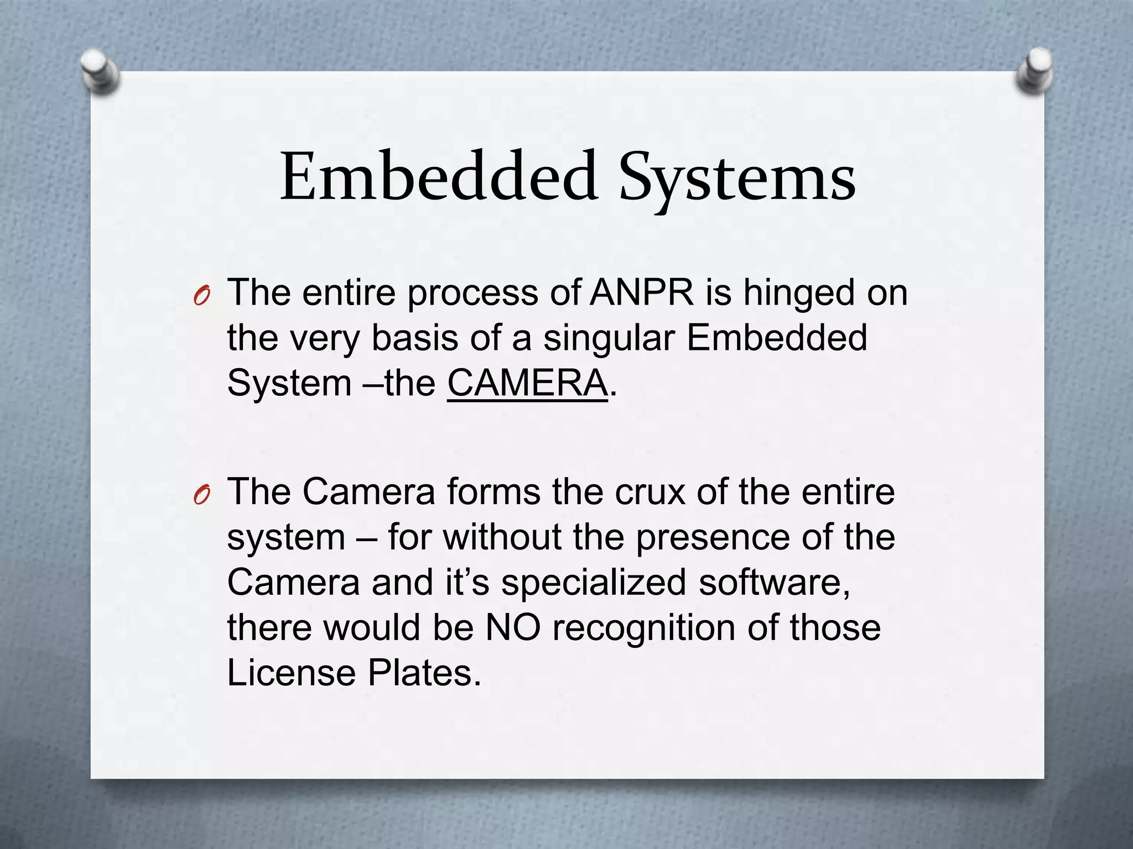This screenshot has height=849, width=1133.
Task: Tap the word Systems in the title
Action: coord(737,180)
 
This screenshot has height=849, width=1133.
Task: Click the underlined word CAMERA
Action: coord(527,383)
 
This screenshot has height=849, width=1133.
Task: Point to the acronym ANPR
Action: coord(641,292)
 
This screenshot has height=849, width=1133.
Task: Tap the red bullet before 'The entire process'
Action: coord(201,297)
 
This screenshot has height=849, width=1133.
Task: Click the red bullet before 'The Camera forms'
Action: coord(201,496)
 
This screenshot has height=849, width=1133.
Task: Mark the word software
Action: coord(774,583)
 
